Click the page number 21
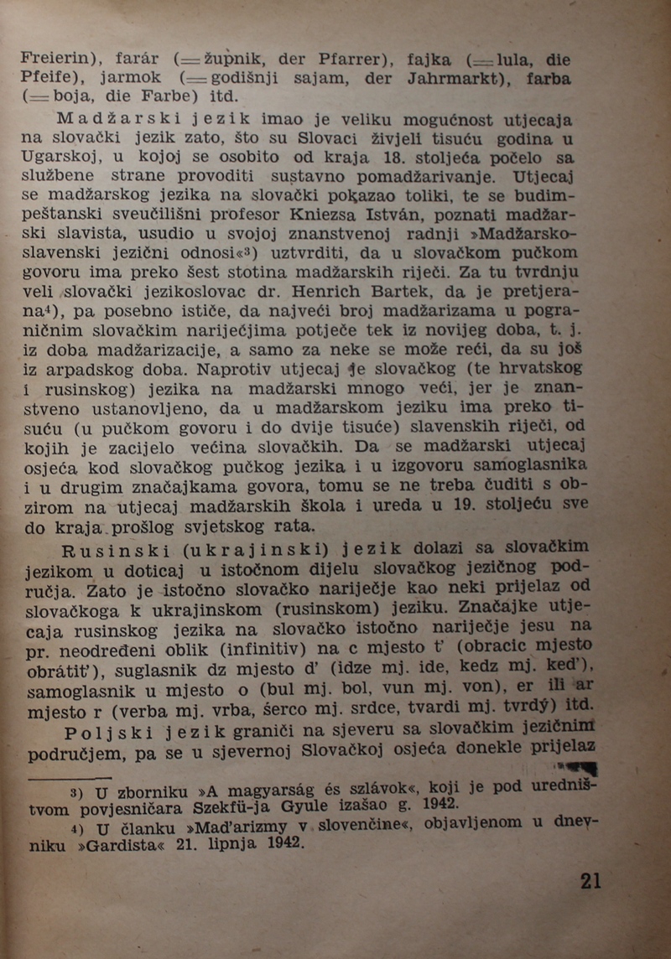tap(590, 880)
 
